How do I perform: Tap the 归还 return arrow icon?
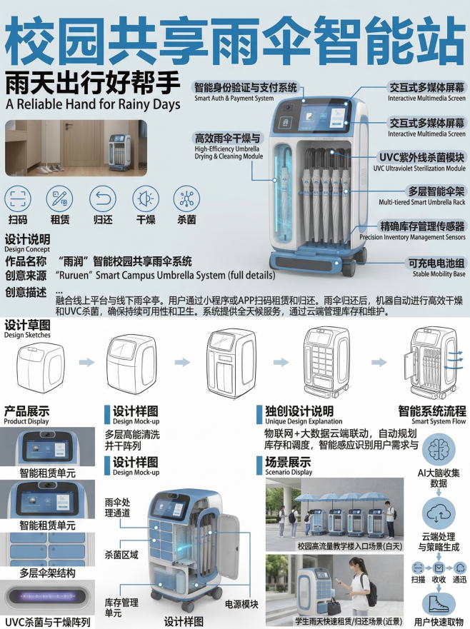pos(104,198)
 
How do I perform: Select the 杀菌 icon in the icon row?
pos(187,198)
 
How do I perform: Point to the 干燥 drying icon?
pos(146,198)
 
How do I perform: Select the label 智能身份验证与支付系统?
pos(245,88)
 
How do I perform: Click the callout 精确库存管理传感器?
pos(423,226)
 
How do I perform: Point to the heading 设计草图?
pos(28,326)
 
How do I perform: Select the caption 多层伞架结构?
pos(47,573)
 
